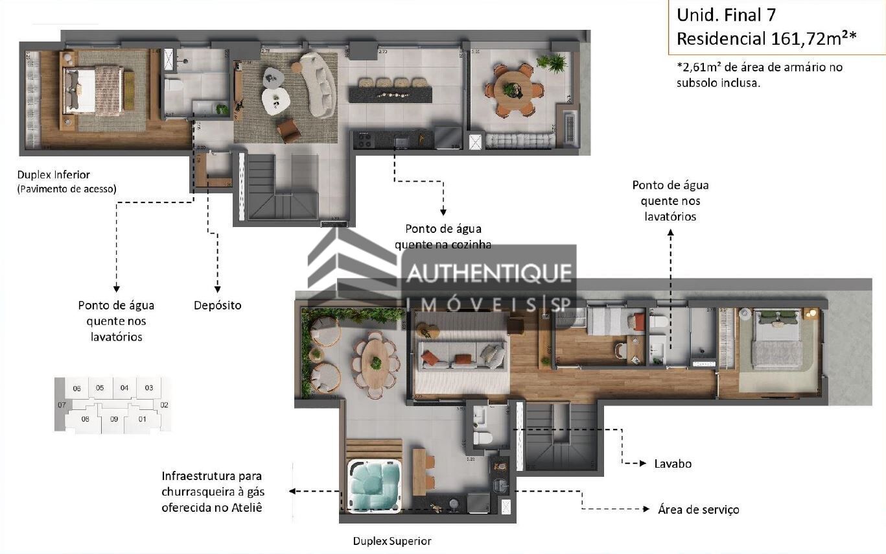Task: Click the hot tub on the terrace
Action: click(x=374, y=487)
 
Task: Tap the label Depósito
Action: click(x=217, y=305)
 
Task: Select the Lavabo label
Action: click(x=673, y=463)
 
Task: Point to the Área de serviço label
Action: click(x=698, y=509)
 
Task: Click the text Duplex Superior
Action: click(x=391, y=540)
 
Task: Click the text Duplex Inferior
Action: click(x=54, y=175)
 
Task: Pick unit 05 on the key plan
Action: click(x=99, y=388)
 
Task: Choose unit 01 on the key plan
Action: click(x=142, y=418)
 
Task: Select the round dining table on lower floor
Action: click(x=513, y=90)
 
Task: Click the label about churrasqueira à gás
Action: click(x=213, y=492)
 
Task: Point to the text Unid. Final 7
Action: click(x=726, y=14)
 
